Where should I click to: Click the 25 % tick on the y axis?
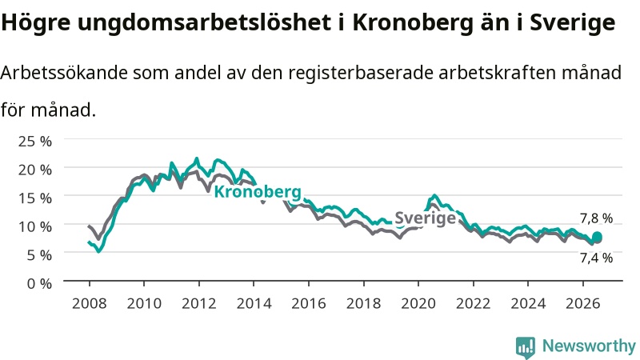[x=35, y=142]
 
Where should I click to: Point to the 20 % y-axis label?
[x=35, y=170]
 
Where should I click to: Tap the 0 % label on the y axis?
[x=39, y=283]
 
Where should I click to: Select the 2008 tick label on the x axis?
[x=89, y=303]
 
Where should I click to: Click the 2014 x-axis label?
[x=254, y=303]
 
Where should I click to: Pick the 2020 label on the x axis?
[x=418, y=303]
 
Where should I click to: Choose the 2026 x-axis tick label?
[x=583, y=303]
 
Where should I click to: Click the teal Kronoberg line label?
[x=258, y=191]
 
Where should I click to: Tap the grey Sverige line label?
[x=425, y=218]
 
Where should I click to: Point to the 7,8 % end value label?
[x=596, y=218]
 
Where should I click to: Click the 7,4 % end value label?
[x=596, y=258]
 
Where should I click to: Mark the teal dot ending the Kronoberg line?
[x=597, y=237]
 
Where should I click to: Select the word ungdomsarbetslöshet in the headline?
[x=204, y=22]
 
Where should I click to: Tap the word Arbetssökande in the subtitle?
[x=64, y=73]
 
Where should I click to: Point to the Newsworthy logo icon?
[x=526, y=346]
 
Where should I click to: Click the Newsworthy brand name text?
[x=589, y=346]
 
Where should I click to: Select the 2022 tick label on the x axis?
[x=473, y=303]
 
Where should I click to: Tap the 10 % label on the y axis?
[x=35, y=226]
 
